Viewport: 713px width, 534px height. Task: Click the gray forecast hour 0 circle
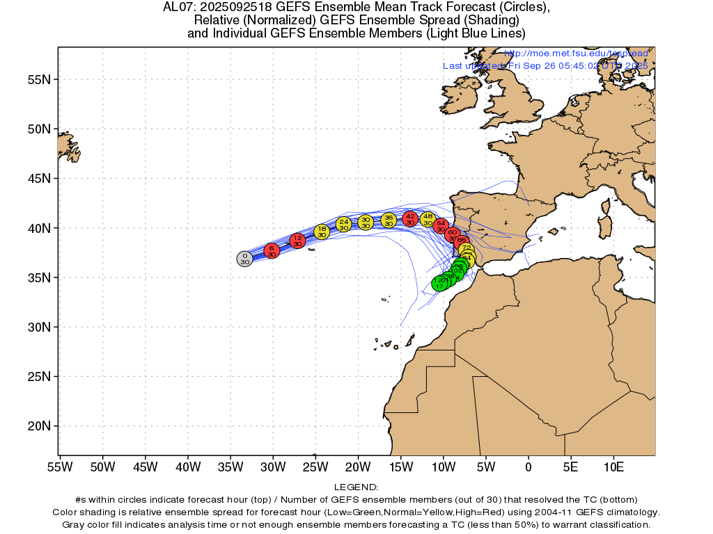point(244,259)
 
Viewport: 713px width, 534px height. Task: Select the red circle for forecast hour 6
point(272,250)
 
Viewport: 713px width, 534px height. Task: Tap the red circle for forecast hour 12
point(297,241)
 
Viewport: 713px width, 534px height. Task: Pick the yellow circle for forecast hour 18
point(322,232)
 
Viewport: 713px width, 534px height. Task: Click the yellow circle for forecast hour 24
point(343,224)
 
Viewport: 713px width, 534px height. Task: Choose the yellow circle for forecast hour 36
point(389,220)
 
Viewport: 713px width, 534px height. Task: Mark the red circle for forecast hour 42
point(410,218)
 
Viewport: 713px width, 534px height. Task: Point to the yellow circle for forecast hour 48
point(428,220)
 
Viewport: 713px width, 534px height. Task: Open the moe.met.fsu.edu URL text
point(576,54)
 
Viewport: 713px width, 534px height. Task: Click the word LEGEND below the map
point(356,487)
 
